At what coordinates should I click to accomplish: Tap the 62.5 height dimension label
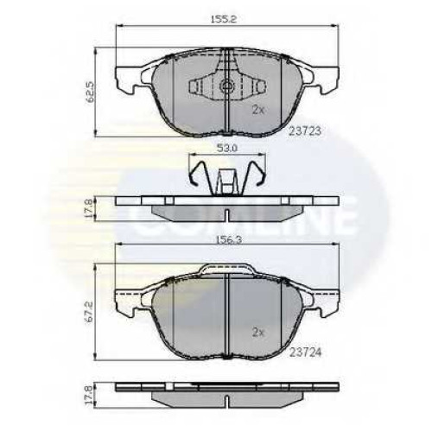point(91,92)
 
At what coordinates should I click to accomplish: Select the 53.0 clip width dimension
point(226,149)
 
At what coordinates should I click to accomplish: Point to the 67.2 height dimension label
point(91,312)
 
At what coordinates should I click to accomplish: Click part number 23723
point(305,131)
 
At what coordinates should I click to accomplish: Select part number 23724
point(305,353)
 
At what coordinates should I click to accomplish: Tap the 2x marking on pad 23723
point(258,110)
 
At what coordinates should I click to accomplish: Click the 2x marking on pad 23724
point(258,333)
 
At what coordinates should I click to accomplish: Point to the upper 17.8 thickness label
point(91,209)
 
